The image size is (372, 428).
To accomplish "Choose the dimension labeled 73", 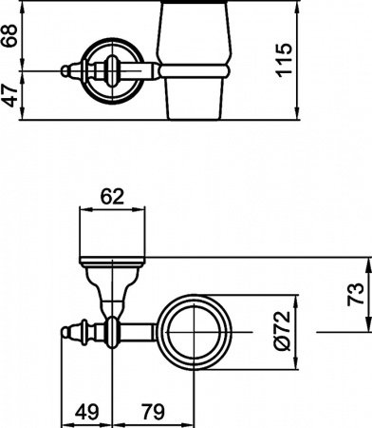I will [352, 294].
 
